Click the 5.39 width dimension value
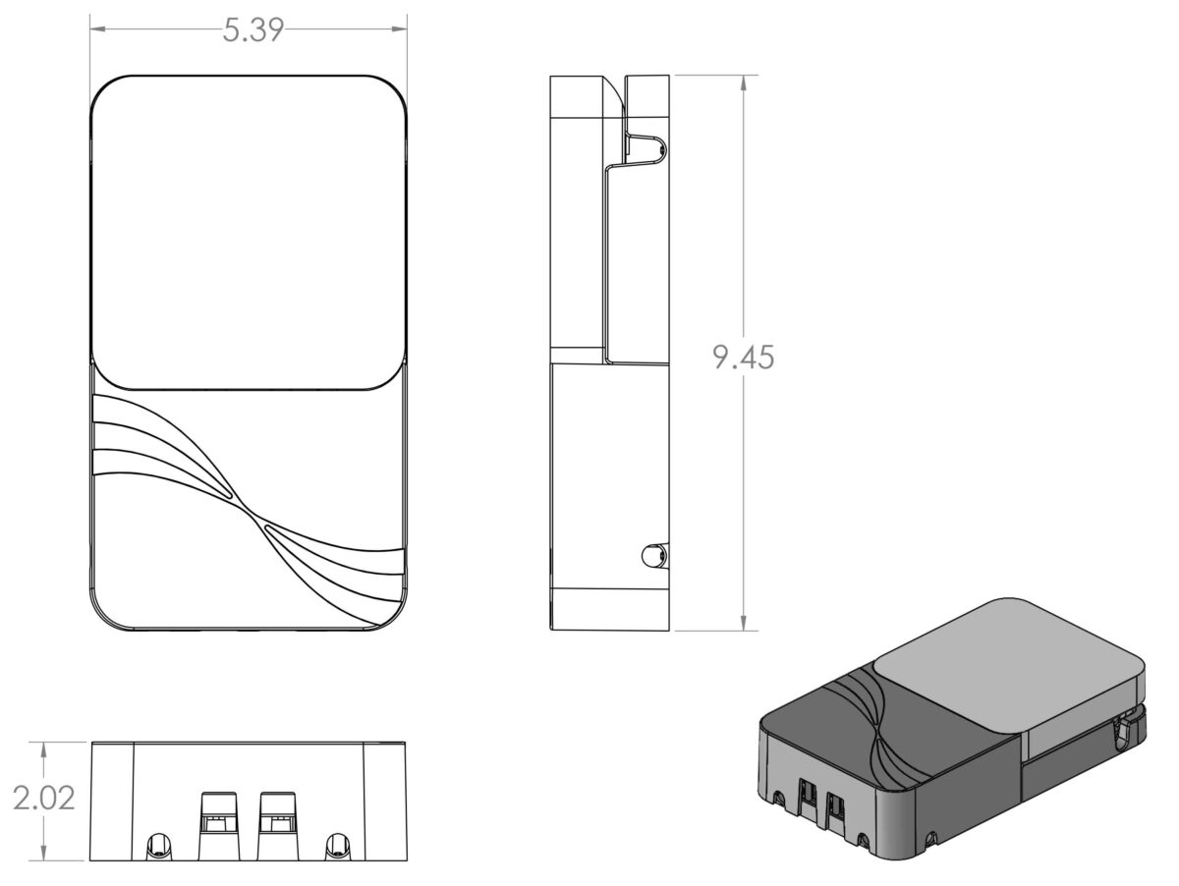[x=253, y=30]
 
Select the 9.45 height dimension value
[x=744, y=358]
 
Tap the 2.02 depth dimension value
[x=44, y=799]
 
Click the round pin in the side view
[x=652, y=556]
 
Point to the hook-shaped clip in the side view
[x=647, y=147]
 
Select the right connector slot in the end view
[x=277, y=825]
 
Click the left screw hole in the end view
[x=157, y=846]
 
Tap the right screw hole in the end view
[x=337, y=846]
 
